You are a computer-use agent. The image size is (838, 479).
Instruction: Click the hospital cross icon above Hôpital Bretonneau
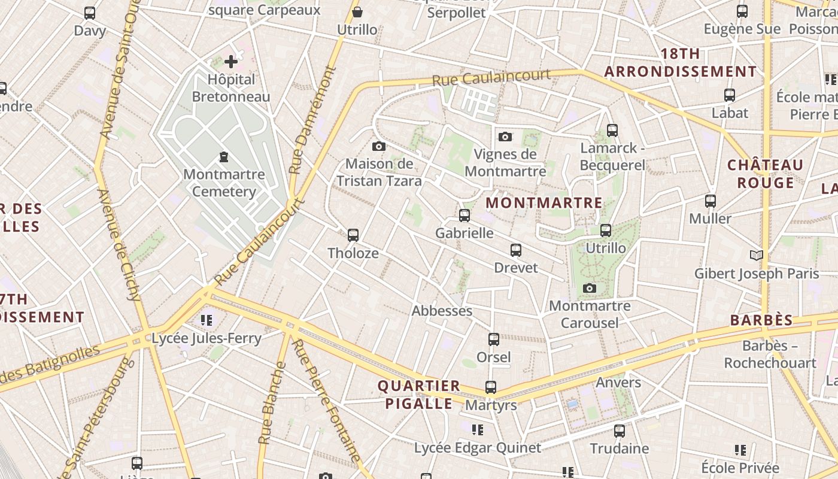pos(231,61)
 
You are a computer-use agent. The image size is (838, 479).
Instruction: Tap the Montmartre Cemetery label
pos(224,183)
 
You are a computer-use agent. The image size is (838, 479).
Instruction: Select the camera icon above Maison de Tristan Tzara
pos(378,146)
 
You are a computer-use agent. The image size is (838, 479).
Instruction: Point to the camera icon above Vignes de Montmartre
pos(505,137)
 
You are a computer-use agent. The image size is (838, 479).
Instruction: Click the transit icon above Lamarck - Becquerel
pos(612,130)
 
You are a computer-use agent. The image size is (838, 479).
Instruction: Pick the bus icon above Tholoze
pos(353,235)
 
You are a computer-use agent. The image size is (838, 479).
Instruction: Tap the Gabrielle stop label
pos(464,233)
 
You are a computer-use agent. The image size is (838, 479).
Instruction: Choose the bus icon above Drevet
pos(516,250)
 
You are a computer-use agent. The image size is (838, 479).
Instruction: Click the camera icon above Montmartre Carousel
pos(590,289)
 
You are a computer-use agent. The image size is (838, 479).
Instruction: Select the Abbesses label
pos(442,311)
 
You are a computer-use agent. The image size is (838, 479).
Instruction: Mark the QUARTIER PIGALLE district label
pos(419,395)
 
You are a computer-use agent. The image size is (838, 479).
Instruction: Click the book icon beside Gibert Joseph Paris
pos(757,256)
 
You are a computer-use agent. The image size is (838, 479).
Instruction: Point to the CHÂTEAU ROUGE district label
pos(765,174)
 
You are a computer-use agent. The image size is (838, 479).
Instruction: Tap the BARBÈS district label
pos(761,320)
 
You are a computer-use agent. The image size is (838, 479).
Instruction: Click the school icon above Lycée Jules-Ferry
pos(207,320)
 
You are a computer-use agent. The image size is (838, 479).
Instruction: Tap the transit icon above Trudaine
pos(620,431)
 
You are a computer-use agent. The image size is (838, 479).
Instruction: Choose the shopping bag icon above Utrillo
pos(357,12)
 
